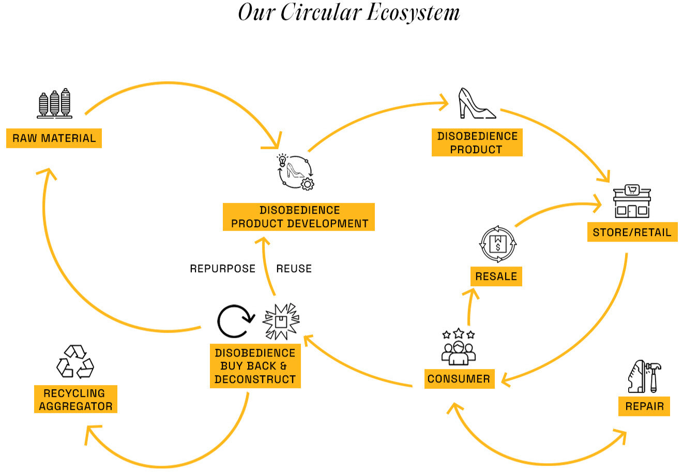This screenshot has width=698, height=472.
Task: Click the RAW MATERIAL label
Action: [54, 138]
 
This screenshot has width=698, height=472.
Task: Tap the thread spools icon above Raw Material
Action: [54, 104]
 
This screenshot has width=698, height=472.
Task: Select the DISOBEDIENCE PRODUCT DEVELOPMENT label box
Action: [299, 217]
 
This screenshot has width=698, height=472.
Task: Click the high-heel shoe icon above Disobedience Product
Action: [476, 104]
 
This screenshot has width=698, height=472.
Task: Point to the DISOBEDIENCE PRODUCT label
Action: [477, 142]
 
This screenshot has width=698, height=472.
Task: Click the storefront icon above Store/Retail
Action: [632, 201]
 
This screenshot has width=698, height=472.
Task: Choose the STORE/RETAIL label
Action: [632, 232]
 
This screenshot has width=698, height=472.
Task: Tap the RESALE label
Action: [496, 276]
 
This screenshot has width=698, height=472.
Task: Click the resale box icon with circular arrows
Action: [497, 244]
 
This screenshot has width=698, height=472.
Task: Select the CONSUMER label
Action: [459, 379]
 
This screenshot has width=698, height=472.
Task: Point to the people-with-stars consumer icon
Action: [459, 347]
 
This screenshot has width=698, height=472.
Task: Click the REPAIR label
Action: [644, 406]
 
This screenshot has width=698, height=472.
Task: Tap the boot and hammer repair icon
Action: [644, 377]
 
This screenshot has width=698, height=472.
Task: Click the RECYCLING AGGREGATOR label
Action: [75, 400]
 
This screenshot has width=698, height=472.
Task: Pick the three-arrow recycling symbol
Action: [75, 361]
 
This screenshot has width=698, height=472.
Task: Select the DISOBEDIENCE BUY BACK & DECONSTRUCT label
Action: [255, 366]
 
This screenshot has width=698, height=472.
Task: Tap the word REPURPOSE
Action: [222, 269]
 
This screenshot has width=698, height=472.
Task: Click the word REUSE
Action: [294, 269]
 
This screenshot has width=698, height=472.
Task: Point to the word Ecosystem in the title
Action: [413, 12]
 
